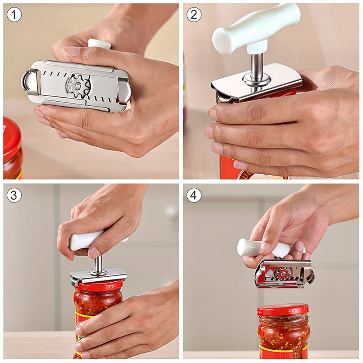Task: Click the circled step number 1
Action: coord(14,15)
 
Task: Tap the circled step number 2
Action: coord(194,15)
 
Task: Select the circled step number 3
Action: coord(14,195)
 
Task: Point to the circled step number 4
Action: coord(194,195)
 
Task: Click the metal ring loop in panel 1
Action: coord(27,80)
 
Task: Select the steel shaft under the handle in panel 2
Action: coord(257,65)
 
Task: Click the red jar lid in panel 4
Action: coord(282,310)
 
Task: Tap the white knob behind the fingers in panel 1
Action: coord(99,44)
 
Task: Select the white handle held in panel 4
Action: coord(254,247)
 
